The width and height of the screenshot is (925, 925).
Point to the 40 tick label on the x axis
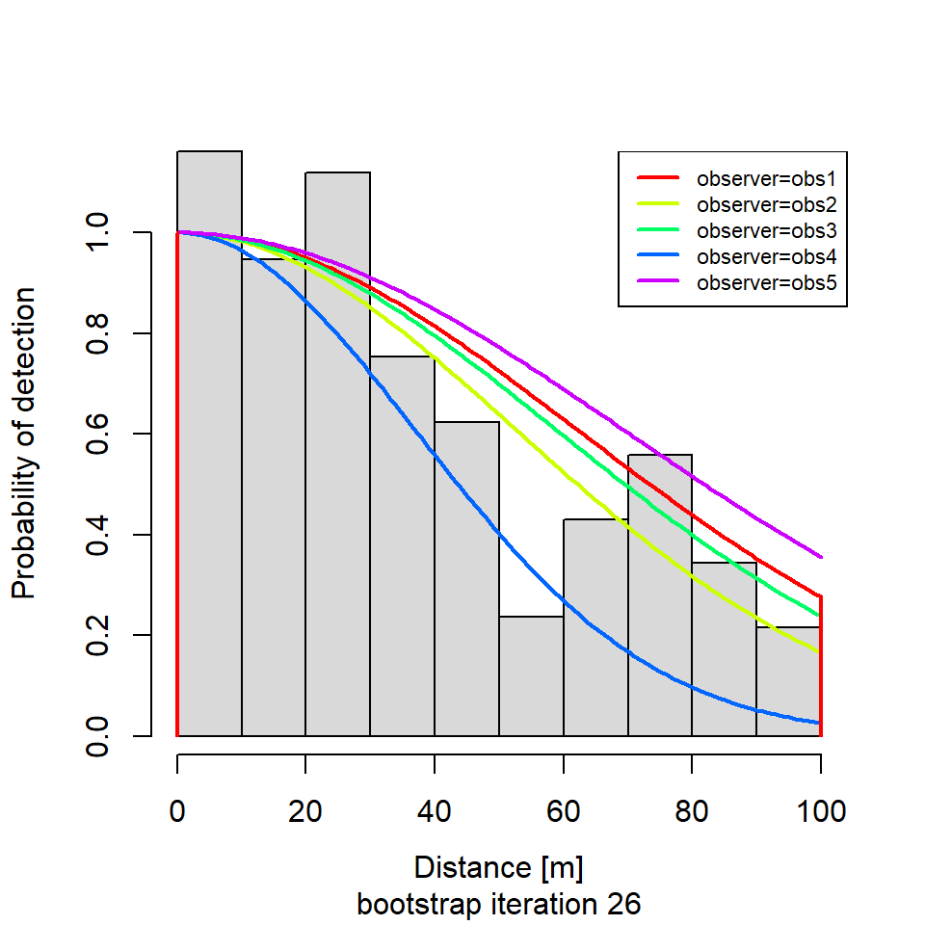tap(435, 811)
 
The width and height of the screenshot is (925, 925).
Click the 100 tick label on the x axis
tap(820, 811)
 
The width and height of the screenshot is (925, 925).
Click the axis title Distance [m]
tap(498, 868)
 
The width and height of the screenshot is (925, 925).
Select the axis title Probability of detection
tap(24, 442)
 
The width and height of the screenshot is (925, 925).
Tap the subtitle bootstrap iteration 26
tap(498, 906)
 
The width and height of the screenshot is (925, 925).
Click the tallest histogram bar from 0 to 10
tap(209, 443)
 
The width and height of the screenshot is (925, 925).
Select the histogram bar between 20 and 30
tap(338, 453)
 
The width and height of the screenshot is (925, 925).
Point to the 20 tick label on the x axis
tap(305, 811)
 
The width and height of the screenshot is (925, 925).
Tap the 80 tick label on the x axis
tap(692, 811)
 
